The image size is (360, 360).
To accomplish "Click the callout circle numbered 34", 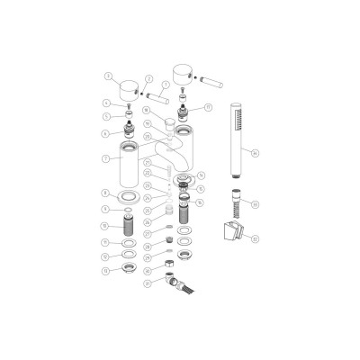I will pos(256,152).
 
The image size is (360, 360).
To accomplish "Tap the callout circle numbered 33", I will pos(255,204).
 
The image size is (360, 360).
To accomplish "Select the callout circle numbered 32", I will pos(255,239).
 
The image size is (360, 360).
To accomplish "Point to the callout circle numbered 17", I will pos(208,107).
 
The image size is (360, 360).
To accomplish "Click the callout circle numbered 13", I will pos(106,270).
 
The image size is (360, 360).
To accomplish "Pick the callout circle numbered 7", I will pos(106,158).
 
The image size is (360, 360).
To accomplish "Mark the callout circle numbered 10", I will pos(106,224).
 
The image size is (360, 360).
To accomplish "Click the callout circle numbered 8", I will pos(106,193).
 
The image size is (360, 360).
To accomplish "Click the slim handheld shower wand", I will pos(235,135).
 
